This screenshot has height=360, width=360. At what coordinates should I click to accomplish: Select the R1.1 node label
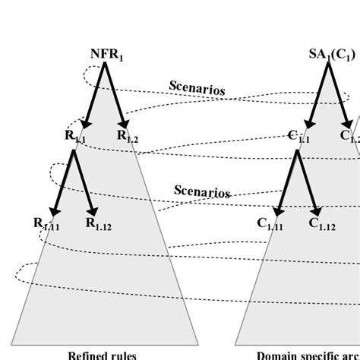[75, 137]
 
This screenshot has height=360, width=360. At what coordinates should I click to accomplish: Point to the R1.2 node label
[128, 137]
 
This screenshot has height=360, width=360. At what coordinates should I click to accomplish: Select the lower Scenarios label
[202, 191]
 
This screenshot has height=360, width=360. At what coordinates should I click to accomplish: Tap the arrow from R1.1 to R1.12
[84, 182]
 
